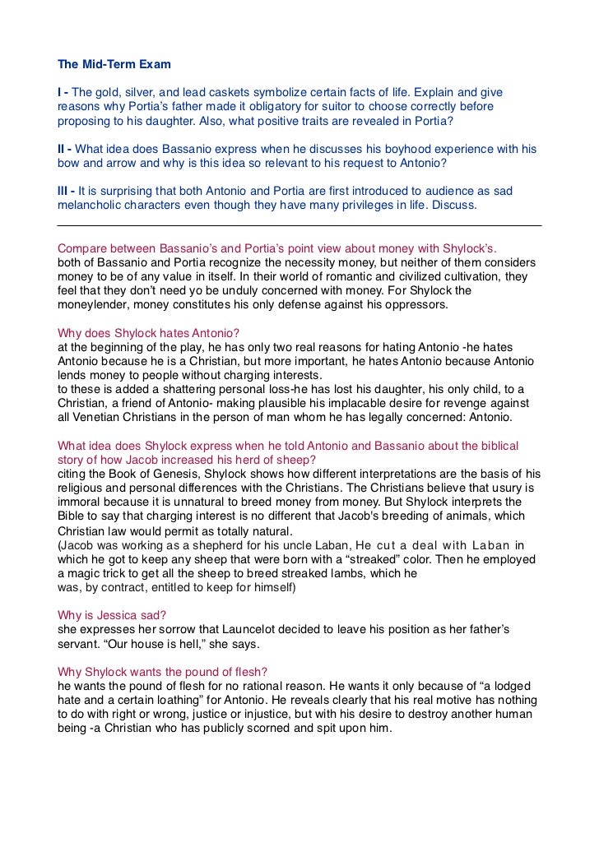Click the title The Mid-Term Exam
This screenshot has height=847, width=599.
pyautogui.click(x=114, y=63)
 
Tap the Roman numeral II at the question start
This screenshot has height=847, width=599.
pyautogui.click(x=62, y=149)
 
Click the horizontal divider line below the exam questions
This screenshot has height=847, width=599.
pyautogui.click(x=299, y=225)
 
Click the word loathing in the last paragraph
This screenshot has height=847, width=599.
pyautogui.click(x=176, y=700)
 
